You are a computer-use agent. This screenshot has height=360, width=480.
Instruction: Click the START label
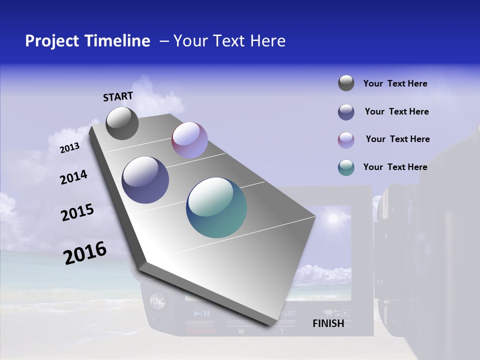click(x=118, y=96)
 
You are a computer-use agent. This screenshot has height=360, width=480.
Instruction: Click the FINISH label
click(x=328, y=323)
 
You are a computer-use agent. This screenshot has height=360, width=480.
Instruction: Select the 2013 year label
click(x=69, y=148)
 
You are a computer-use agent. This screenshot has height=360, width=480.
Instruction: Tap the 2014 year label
click(x=73, y=177)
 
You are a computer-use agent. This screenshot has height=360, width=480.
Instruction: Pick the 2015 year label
click(x=77, y=212)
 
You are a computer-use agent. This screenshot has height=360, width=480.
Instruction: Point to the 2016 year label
click(x=85, y=253)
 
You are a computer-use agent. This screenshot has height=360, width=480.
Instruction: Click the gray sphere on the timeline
click(x=122, y=123)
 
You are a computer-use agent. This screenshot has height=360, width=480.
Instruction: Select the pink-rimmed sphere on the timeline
click(x=189, y=140)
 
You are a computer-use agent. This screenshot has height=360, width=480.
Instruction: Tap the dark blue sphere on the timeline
click(x=145, y=180)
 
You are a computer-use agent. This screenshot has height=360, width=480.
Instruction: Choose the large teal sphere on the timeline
click(x=216, y=207)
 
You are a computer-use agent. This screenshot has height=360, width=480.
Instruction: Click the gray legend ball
click(x=346, y=83)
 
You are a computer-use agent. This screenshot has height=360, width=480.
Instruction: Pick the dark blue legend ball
click(x=346, y=112)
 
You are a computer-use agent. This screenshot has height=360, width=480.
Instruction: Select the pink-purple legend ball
click(x=346, y=139)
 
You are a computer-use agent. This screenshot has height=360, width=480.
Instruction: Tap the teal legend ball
click(x=346, y=167)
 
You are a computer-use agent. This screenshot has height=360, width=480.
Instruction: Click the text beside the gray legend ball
click(x=395, y=83)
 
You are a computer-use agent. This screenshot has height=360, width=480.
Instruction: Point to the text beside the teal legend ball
click(x=395, y=167)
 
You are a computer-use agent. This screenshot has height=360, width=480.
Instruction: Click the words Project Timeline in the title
click(x=87, y=41)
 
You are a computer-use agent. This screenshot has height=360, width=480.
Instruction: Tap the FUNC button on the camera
click(x=157, y=301)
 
